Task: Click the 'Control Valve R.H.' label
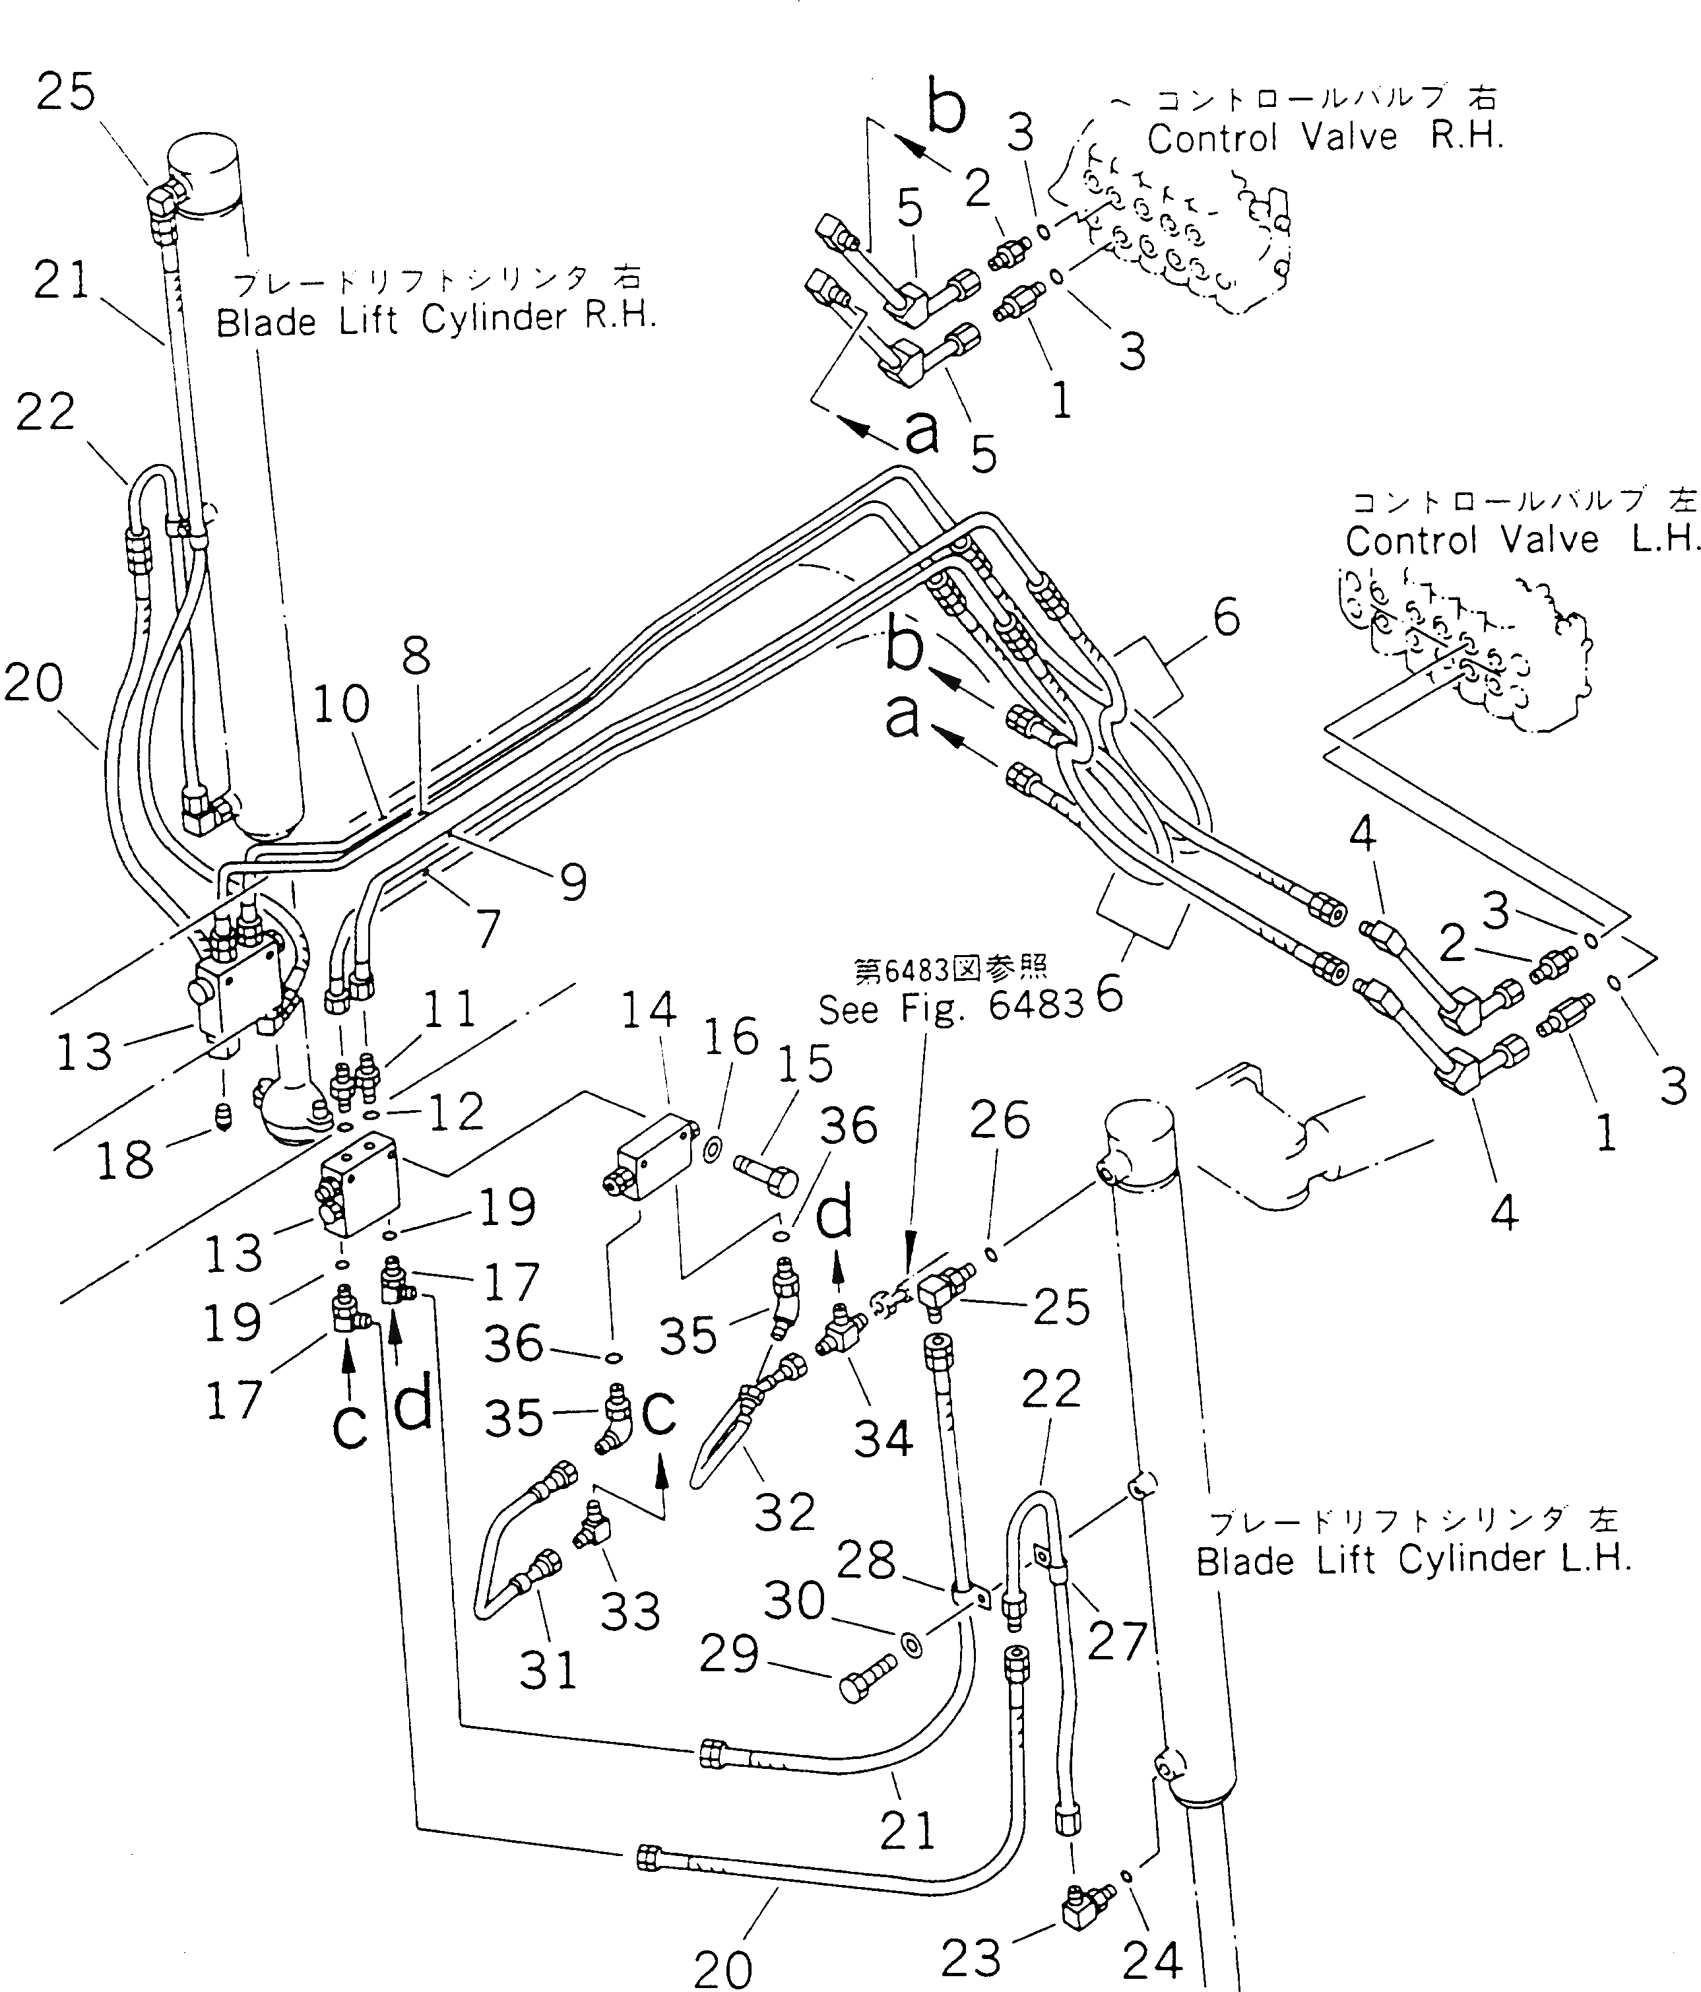coord(1324,137)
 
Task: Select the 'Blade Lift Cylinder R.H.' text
coord(435,319)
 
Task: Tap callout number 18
coord(125,1160)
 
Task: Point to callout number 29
coord(729,1653)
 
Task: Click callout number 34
coord(882,1438)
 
